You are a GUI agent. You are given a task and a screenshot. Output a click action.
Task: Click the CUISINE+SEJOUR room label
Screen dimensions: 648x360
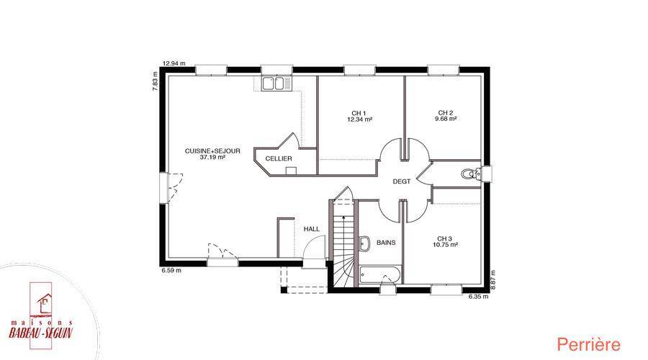tap(212, 151)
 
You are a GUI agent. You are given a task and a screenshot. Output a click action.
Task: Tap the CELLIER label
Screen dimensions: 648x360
tap(279, 158)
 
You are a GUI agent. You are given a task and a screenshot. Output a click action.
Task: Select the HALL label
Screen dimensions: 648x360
tap(312, 229)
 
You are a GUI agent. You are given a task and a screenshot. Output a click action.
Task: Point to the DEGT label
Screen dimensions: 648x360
tap(402, 181)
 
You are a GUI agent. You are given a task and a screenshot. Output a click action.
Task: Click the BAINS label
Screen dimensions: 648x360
tap(386, 243)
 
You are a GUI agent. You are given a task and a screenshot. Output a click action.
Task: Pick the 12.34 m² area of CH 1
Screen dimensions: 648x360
tap(359, 120)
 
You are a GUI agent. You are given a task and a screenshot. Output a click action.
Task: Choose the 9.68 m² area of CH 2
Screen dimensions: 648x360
tap(446, 119)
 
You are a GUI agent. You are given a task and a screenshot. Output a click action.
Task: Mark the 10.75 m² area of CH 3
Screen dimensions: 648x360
tap(445, 245)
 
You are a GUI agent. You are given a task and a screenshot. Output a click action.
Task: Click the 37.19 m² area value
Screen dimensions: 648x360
tap(212, 158)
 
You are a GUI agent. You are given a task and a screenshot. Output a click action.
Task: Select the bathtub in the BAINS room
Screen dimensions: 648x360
tap(379, 275)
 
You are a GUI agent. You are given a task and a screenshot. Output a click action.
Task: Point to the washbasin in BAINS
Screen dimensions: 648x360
tap(364, 243)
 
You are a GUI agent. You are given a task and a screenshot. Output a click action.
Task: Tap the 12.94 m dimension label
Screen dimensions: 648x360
tap(174, 63)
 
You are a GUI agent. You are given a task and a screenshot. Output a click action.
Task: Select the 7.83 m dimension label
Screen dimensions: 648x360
tap(156, 81)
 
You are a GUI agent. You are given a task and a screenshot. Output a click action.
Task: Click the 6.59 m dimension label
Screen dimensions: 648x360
tap(171, 271)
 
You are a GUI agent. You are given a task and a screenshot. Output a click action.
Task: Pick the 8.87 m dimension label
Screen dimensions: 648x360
tap(492, 280)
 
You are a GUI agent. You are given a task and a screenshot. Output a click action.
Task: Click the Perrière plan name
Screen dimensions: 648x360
tap(588, 344)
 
